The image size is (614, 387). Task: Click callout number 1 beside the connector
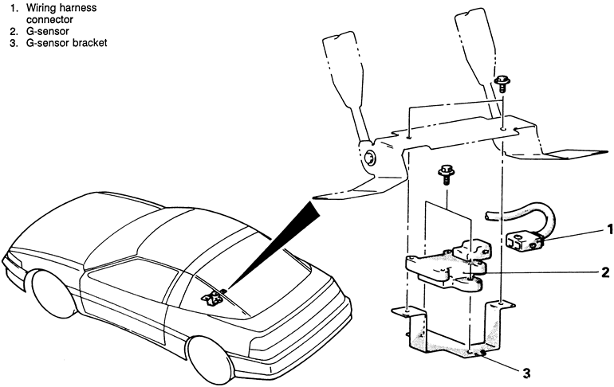[x=610, y=229]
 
